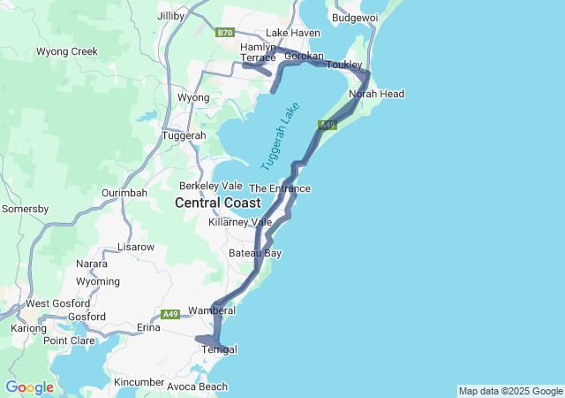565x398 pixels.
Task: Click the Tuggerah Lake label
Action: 281,137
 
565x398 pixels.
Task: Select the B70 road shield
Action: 225,33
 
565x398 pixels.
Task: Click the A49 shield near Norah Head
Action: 328,126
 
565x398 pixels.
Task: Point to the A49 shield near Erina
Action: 171,314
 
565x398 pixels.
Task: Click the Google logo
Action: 29,387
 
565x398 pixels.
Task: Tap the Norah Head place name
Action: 376,94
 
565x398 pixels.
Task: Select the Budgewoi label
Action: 355,17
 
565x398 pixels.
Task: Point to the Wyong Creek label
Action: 67,51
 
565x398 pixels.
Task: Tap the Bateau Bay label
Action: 255,253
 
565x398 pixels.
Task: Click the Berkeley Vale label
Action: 211,186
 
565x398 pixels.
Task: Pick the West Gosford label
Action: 49,303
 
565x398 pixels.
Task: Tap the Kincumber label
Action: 139,382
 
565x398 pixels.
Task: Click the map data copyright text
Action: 509,391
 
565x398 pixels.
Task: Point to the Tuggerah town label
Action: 184,135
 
